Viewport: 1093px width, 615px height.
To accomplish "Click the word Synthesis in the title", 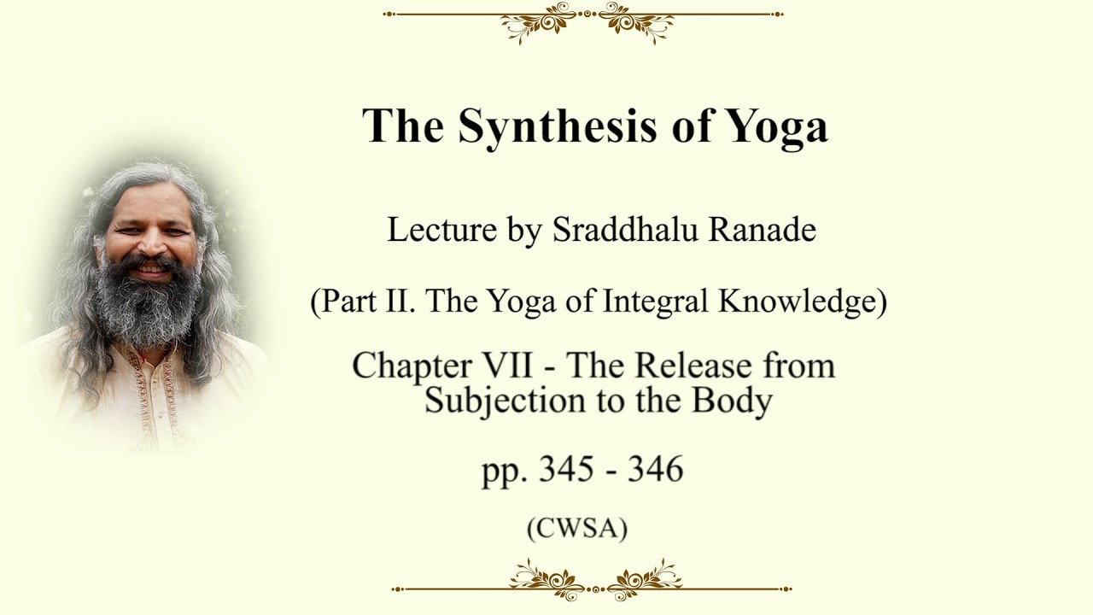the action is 558,126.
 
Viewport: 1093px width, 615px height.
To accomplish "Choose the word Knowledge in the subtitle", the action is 798,302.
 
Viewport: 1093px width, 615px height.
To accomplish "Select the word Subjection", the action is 505,401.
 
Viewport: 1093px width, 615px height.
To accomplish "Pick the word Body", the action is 732,401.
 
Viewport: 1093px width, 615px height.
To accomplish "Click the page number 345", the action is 566,469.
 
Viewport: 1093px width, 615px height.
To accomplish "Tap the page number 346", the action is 655,469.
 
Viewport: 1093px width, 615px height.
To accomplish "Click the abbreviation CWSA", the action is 577,529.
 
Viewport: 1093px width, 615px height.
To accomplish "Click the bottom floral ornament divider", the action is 592,581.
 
